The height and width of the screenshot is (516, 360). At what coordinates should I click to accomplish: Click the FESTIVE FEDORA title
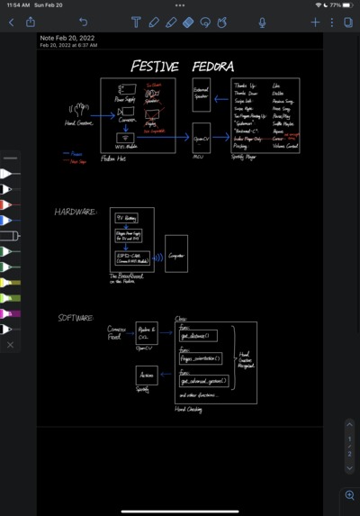pos(183,67)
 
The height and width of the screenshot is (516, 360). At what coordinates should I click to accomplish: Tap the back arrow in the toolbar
pos(11,22)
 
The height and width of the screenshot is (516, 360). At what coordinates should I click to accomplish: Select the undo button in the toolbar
pos(84,22)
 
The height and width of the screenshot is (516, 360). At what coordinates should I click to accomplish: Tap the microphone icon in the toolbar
pos(262,22)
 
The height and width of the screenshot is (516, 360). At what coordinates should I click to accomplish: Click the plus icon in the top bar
pos(315,22)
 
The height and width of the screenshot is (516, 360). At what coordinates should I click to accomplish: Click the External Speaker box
pos(201,94)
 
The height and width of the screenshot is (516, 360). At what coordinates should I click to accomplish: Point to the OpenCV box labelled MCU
pos(201,138)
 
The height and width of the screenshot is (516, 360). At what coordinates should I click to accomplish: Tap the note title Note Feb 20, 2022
pos(68,39)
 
